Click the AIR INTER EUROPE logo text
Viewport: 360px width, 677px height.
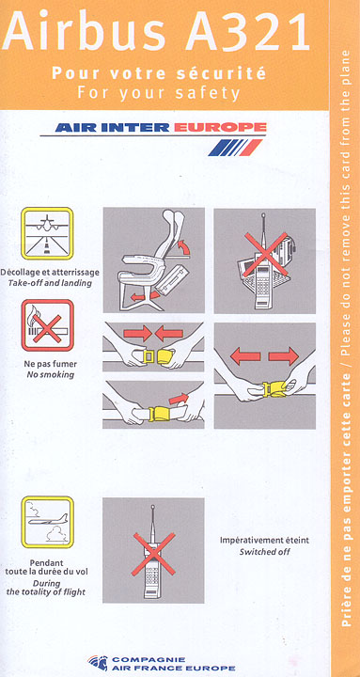pyautogui.click(x=161, y=127)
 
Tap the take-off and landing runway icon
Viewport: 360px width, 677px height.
pyautogui.click(x=47, y=233)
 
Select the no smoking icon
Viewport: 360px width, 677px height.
pyautogui.click(x=47, y=325)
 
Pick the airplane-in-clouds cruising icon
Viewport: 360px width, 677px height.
pyautogui.click(x=47, y=522)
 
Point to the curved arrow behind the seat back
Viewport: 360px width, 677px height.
pyautogui.click(x=185, y=249)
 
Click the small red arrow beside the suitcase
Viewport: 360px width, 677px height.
pyautogui.click(x=139, y=297)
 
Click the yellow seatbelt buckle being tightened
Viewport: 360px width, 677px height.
pyautogui.click(x=161, y=414)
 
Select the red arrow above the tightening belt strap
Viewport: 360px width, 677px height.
pyautogui.click(x=179, y=398)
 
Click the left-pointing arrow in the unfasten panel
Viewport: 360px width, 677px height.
pyautogui.click(x=245, y=356)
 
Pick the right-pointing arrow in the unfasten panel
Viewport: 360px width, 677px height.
pyautogui.click(x=284, y=356)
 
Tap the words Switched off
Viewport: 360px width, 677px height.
pyautogui.click(x=265, y=551)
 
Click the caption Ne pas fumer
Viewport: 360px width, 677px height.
pyautogui.click(x=50, y=364)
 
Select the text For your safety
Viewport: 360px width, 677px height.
pyautogui.click(x=159, y=93)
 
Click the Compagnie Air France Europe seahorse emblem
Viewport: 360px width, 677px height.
pyautogui.click(x=98, y=663)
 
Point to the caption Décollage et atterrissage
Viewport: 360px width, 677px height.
pyautogui.click(x=50, y=273)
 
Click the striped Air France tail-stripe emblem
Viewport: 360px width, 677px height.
pyautogui.click(x=235, y=148)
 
